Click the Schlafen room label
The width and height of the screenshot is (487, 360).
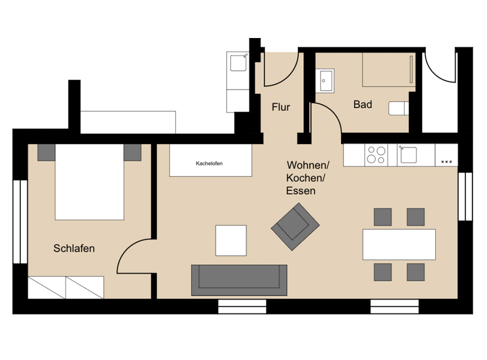pyautogui.click(x=74, y=248)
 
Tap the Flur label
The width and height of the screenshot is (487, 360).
pyautogui.click(x=281, y=107)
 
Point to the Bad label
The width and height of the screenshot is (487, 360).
pyautogui.click(x=362, y=104)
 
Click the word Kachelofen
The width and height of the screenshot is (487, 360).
pyautogui.click(x=209, y=164)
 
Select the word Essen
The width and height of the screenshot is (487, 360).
pyautogui.click(x=301, y=191)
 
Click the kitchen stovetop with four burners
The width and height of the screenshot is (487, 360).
pyautogui.click(x=376, y=155)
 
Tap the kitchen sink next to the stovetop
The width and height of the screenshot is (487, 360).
pyautogui.click(x=408, y=155)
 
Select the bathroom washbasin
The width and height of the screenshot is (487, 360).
pyautogui.click(x=325, y=81)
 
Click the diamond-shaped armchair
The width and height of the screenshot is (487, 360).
pyautogui.click(x=295, y=227)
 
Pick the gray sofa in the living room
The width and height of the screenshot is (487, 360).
pyautogui.click(x=239, y=280)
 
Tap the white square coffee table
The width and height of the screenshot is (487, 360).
pyautogui.click(x=231, y=240)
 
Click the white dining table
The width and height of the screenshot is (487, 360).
pyautogui.click(x=399, y=244)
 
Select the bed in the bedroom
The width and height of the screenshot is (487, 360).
pyautogui.click(x=89, y=182)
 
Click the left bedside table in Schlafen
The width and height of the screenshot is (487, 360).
pyautogui.click(x=46, y=153)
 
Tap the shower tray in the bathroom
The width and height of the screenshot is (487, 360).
pyautogui.click(x=389, y=69)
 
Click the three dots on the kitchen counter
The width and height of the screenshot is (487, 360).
pyautogui.click(x=446, y=162)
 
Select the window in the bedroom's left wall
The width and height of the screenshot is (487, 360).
pyautogui.click(x=20, y=222)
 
